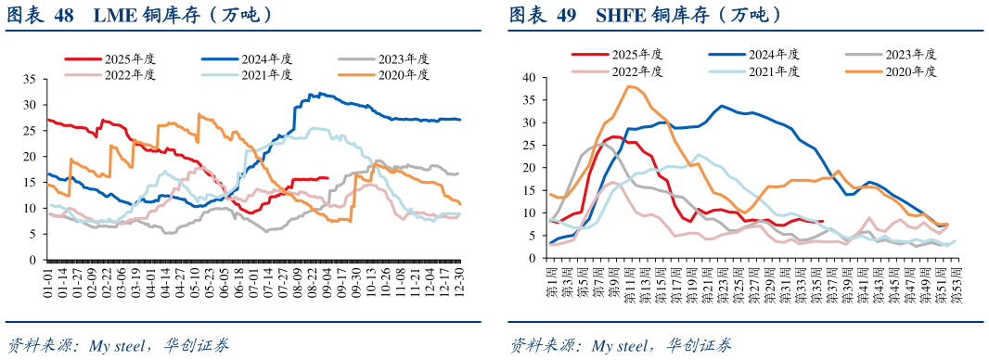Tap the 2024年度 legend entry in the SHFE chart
pos(774,56)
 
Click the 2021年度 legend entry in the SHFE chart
pos(774,71)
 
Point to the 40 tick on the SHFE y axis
pos(530,78)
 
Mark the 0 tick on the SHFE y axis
pos(533,257)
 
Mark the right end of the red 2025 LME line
pos(328,177)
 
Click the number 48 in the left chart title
pos(64,16)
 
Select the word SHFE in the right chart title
pos(622,16)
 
